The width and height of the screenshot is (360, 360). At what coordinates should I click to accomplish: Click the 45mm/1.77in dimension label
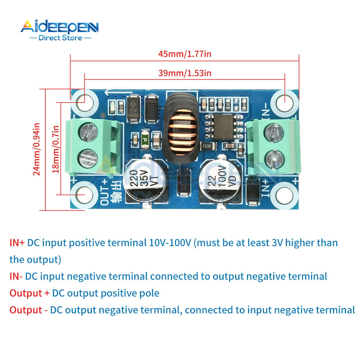[x=185, y=54]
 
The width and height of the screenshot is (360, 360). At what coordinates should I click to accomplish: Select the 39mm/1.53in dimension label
[x=185, y=73]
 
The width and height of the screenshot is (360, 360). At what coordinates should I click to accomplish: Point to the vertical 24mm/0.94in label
[x=36, y=149]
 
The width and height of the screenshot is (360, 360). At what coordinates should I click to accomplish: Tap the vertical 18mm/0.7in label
[x=56, y=149]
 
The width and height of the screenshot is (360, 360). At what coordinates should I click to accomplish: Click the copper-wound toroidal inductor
[x=182, y=128]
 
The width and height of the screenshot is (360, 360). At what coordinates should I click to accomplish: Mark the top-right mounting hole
[x=285, y=99]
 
